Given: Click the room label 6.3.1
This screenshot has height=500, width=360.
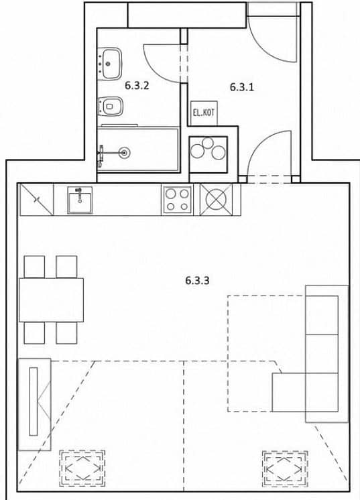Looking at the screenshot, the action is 242,87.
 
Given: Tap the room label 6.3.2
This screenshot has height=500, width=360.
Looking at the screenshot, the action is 137,86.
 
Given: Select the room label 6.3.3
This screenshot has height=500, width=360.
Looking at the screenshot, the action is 197,281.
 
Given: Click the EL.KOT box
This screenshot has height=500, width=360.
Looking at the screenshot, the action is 204,113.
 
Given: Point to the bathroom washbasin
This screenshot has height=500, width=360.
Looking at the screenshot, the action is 110,64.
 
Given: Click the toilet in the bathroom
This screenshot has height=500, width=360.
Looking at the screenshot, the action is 110,106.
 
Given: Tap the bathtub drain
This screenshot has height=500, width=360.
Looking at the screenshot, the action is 124,153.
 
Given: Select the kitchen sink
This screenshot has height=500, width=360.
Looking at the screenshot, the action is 80,200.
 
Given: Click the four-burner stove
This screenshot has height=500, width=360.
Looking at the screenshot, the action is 177,200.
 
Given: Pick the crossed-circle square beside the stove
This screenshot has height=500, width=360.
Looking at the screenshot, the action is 216,200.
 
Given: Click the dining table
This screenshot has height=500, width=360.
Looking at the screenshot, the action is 52,300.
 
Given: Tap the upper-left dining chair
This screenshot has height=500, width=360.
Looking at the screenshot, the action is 34,267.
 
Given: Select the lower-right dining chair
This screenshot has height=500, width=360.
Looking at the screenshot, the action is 66,332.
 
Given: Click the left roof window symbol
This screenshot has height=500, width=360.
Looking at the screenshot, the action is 82,468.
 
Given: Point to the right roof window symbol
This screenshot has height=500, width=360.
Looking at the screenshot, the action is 285,468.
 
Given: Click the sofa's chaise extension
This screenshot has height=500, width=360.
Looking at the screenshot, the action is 289,392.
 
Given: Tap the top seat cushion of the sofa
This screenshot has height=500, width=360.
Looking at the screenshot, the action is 322,315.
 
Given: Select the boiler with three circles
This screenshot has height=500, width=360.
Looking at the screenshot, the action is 208,154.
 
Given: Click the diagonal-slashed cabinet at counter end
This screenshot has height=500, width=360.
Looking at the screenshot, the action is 37,200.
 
